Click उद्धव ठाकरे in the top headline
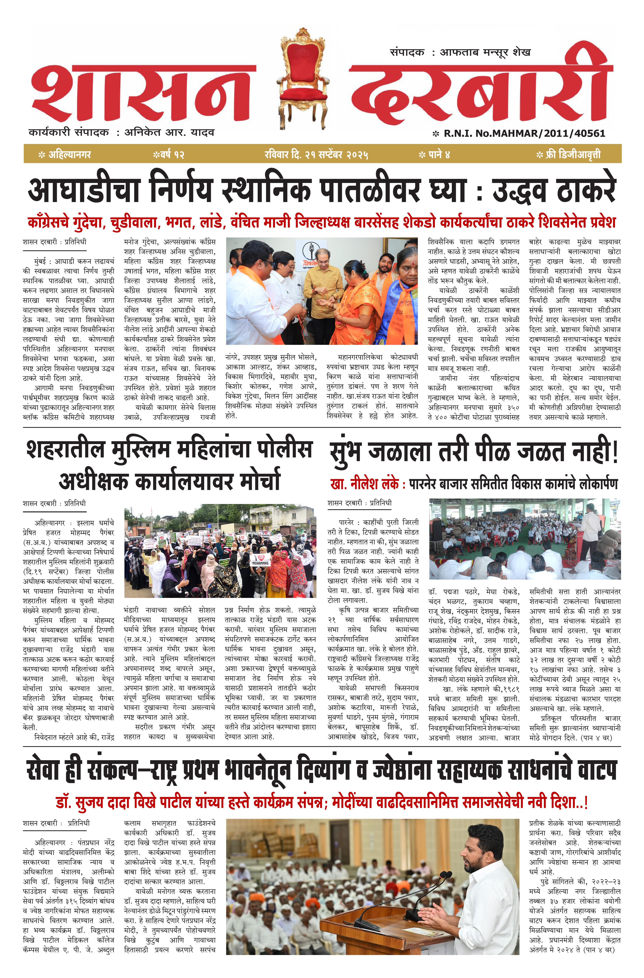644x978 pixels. pos(554,190)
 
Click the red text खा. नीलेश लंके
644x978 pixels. pos(364,484)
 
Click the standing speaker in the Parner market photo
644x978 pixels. pos(590,530)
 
